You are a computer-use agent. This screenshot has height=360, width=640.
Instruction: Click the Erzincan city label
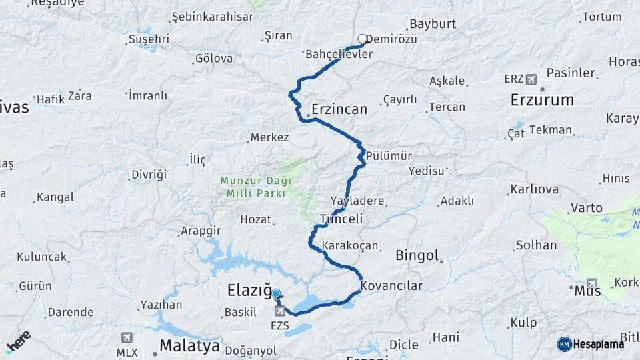point(339,109)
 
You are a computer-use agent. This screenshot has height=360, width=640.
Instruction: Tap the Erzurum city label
point(541,101)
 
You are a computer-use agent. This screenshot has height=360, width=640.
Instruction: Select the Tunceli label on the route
point(341,219)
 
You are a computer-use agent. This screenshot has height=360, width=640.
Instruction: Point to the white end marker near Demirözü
point(363,39)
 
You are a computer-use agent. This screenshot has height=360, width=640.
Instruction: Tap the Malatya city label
point(189,346)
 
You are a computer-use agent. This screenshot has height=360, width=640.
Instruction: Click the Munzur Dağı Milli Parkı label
point(253,187)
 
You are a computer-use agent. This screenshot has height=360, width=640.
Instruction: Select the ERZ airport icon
point(531,79)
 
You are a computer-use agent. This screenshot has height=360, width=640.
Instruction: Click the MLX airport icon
point(127,338)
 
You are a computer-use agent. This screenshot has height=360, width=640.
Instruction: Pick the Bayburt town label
point(432,23)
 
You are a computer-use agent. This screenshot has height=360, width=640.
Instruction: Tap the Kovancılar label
point(392,286)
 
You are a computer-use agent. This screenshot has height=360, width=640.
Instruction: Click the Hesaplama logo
point(591,344)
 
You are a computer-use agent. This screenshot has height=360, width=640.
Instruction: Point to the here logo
point(18,341)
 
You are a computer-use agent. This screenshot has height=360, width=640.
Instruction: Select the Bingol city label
point(417,255)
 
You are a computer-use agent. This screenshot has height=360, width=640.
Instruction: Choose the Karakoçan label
point(351,246)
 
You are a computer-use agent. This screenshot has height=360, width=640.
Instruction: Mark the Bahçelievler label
point(339,54)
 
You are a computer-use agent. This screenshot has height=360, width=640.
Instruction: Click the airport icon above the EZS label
point(279,311)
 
